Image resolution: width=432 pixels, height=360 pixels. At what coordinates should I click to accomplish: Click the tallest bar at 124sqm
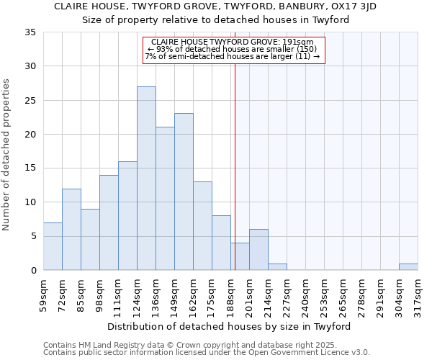coord(146,178)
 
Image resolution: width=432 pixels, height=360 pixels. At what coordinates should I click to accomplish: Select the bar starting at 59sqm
coord(53,246)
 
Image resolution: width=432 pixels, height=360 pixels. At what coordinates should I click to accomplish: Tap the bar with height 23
coord(184,192)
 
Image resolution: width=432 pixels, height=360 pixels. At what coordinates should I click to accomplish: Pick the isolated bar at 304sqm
coord(408,266)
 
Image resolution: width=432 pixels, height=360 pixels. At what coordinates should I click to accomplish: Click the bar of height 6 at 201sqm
coord(258,249)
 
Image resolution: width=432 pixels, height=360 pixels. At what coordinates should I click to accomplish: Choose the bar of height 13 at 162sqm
coord(202,225)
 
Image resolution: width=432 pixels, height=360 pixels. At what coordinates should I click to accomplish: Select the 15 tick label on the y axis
coord(30,168)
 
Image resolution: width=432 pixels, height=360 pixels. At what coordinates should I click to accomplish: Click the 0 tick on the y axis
coord(33,271)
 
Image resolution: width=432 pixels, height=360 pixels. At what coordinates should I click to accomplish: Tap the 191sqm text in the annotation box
coord(300,42)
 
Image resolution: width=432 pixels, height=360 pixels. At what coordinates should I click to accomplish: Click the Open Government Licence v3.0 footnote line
coord(207,353)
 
